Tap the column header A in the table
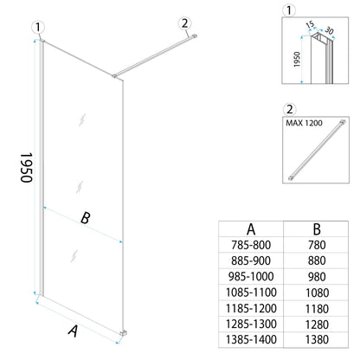pyautogui.click(x=251, y=230)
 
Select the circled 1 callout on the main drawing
pyautogui.click(x=37, y=28)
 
